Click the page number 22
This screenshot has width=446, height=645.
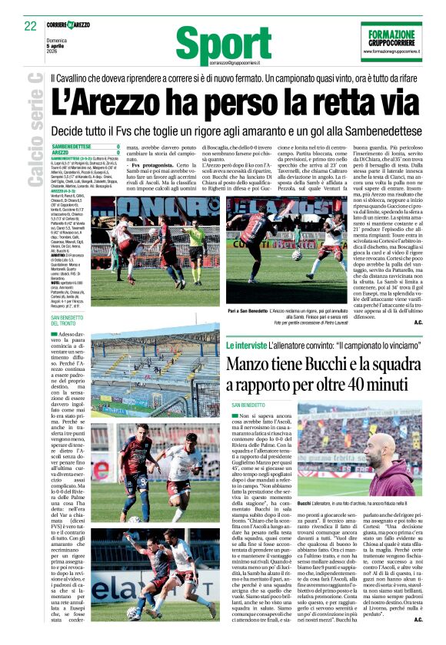click(30, 26)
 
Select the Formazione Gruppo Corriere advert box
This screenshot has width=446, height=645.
click(390, 42)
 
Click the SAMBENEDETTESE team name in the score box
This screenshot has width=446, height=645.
click(78, 146)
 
